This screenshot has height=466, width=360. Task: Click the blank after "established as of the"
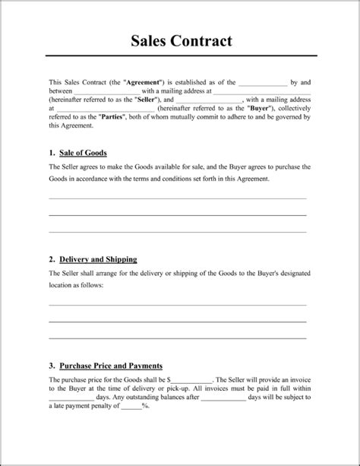pyautogui.click(x=263, y=82)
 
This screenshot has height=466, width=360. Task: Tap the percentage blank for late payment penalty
pyautogui.click(x=130, y=406)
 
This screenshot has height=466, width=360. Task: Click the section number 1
pyautogui.click(x=51, y=151)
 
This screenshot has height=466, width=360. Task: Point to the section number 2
pyautogui.click(x=51, y=258)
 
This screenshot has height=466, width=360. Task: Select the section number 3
pyautogui.click(x=51, y=364)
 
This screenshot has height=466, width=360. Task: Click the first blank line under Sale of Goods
pyautogui.click(x=178, y=198)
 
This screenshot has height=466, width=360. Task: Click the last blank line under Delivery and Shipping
pyautogui.click(x=178, y=338)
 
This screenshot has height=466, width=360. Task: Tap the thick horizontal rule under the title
pyautogui.click(x=180, y=55)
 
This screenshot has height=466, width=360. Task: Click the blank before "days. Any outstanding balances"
pyautogui.click(x=71, y=397)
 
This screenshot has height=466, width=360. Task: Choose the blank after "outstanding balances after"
pyautogui.click(x=223, y=397)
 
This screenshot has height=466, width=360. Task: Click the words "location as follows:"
pyautogui.click(x=76, y=285)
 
